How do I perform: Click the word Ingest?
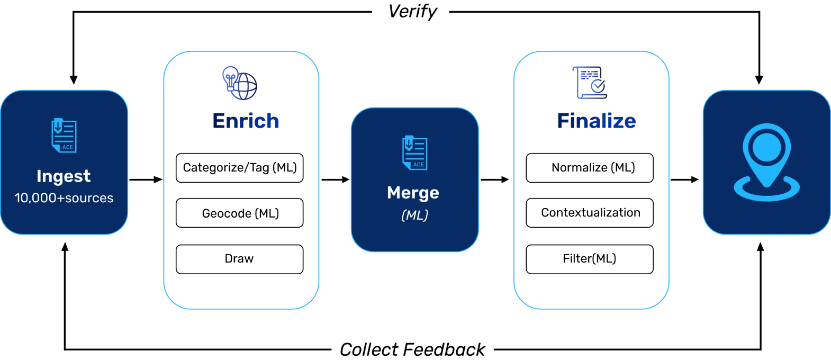tap(64, 176)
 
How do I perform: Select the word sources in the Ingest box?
tap(89, 198)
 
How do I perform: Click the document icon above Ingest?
tap(64, 136)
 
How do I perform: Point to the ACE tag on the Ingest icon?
tap(68, 147)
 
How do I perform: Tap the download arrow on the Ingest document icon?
tap(58, 127)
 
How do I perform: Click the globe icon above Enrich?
tap(240, 83)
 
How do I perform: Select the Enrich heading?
tap(245, 121)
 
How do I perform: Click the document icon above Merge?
tap(414, 153)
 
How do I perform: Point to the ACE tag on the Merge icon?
tap(418, 165)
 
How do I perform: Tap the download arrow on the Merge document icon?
tap(409, 144)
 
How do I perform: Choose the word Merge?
tap(413, 193)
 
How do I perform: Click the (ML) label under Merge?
tap(414, 215)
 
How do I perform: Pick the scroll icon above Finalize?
tap(590, 83)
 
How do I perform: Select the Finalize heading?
tap(597, 121)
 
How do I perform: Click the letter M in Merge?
tap(394, 193)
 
